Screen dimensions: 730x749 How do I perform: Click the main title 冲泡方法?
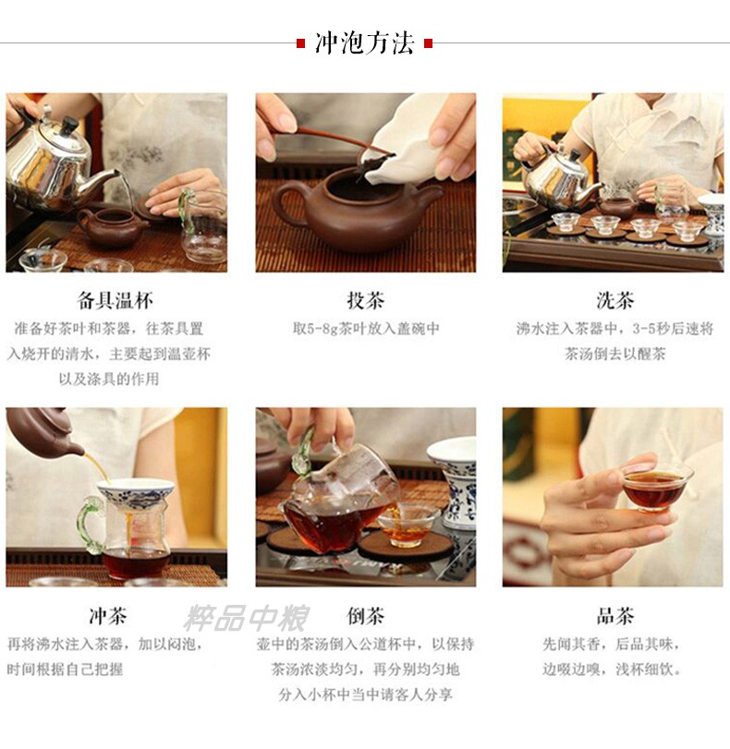point(364,43)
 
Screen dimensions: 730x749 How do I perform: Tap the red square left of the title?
point(300,44)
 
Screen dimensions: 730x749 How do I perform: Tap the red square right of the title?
point(429,44)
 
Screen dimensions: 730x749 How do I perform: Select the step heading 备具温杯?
point(116,301)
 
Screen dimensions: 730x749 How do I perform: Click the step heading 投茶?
point(366,301)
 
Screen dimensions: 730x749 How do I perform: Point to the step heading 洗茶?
point(615,301)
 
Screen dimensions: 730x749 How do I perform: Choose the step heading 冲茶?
point(108,616)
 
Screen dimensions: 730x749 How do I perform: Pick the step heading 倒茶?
point(366,616)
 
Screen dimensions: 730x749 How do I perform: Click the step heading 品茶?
point(615,616)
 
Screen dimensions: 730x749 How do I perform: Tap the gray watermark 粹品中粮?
point(246,618)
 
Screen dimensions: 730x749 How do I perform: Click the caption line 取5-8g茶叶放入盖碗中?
point(366,329)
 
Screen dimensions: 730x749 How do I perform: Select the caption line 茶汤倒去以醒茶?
point(615,354)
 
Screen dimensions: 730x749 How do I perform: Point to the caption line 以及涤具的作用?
point(109,380)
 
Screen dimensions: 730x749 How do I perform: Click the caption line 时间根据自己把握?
point(65,670)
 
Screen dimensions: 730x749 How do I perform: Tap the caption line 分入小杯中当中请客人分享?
point(366,695)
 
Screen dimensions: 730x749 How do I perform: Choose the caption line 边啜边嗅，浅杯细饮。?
point(612,670)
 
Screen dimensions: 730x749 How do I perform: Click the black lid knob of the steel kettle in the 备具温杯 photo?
point(70,125)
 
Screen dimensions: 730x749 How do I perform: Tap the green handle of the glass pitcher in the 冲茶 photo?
point(91,523)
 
